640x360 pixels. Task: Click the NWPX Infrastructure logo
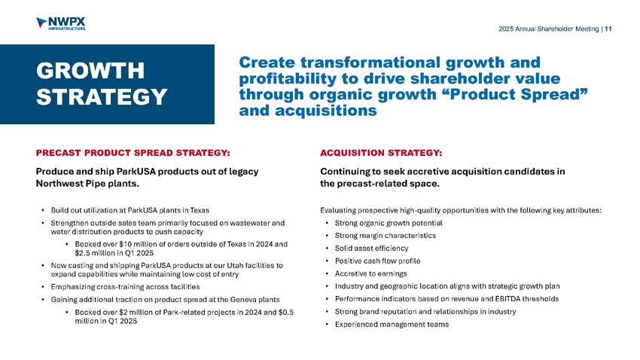tap(60, 24)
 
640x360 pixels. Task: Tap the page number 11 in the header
tap(608, 29)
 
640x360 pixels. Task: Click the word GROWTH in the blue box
tap(90, 70)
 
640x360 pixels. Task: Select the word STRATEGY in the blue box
tap(102, 98)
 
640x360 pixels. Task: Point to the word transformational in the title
tap(372, 61)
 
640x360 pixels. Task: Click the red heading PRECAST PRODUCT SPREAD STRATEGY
tap(133, 152)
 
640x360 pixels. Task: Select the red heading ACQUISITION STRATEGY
tap(381, 152)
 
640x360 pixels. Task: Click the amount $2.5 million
tap(103, 254)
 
